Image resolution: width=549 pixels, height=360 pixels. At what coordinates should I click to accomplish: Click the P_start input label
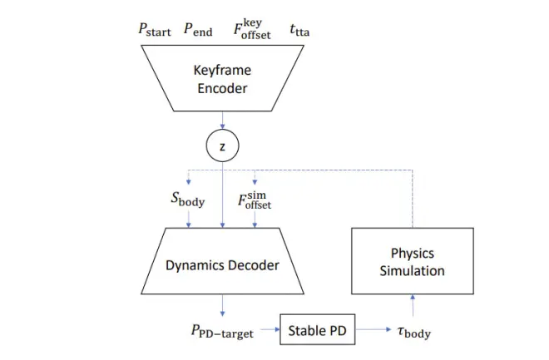(155, 31)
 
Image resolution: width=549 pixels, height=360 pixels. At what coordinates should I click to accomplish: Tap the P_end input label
(198, 31)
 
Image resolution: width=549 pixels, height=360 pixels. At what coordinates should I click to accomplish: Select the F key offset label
(247, 29)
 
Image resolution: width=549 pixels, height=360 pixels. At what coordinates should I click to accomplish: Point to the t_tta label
(300, 31)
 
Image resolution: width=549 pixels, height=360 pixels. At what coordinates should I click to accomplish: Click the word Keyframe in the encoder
(223, 71)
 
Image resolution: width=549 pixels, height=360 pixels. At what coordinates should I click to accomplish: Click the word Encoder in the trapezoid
(223, 88)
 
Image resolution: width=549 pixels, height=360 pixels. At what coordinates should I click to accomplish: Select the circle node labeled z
(222, 146)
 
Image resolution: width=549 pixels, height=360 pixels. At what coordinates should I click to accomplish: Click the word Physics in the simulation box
(412, 252)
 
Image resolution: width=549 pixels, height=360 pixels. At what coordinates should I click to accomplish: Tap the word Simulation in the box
(412, 270)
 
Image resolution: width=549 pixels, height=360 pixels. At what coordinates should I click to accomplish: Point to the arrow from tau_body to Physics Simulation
(412, 305)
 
